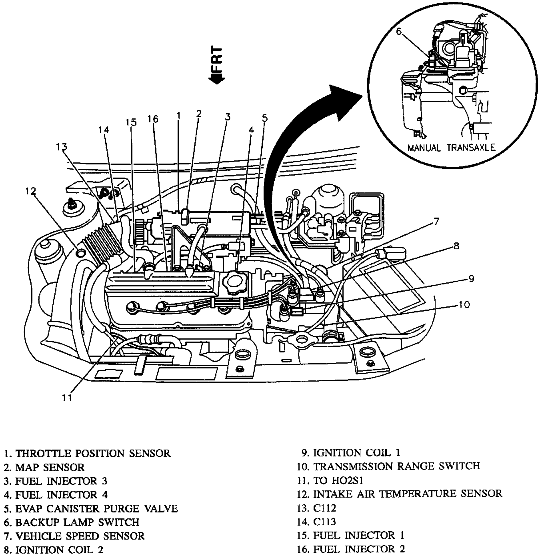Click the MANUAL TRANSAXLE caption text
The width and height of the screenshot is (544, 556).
coord(451,148)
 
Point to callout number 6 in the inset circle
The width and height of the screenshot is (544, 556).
coord(399,31)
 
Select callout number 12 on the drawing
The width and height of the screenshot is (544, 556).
coord(31,191)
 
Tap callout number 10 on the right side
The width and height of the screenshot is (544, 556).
coord(464,305)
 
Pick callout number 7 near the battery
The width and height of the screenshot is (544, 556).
coord(436,221)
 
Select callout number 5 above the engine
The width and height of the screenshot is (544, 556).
coord(264,118)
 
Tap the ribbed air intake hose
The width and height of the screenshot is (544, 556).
coord(102,244)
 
